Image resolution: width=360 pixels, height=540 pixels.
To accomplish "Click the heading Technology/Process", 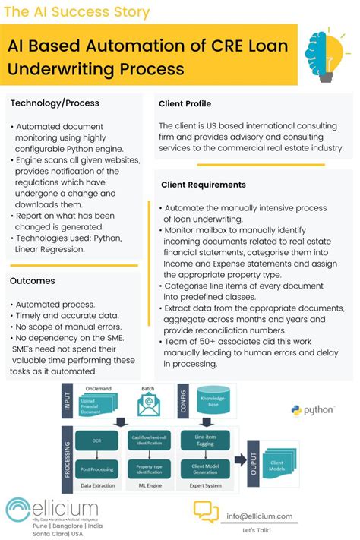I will [x=55, y=103].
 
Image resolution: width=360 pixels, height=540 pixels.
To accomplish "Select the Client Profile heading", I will [x=185, y=103].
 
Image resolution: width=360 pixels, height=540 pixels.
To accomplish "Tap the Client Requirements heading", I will [x=203, y=185].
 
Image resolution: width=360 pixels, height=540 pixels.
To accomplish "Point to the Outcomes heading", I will [x=33, y=280].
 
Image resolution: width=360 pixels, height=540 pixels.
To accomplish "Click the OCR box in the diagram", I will [x=97, y=441].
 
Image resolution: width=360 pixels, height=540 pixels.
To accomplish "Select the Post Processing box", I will [x=97, y=469].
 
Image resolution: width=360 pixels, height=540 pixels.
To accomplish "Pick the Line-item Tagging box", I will [x=207, y=440].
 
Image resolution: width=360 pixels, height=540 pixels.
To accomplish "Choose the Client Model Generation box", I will [x=207, y=469].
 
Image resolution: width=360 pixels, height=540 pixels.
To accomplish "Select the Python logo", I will [x=312, y=410].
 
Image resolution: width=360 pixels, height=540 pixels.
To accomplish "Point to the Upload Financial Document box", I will [x=97, y=409].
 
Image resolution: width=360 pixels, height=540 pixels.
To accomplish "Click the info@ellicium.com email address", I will [x=259, y=516].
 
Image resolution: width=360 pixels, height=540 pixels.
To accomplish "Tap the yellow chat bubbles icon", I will [x=205, y=513].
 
